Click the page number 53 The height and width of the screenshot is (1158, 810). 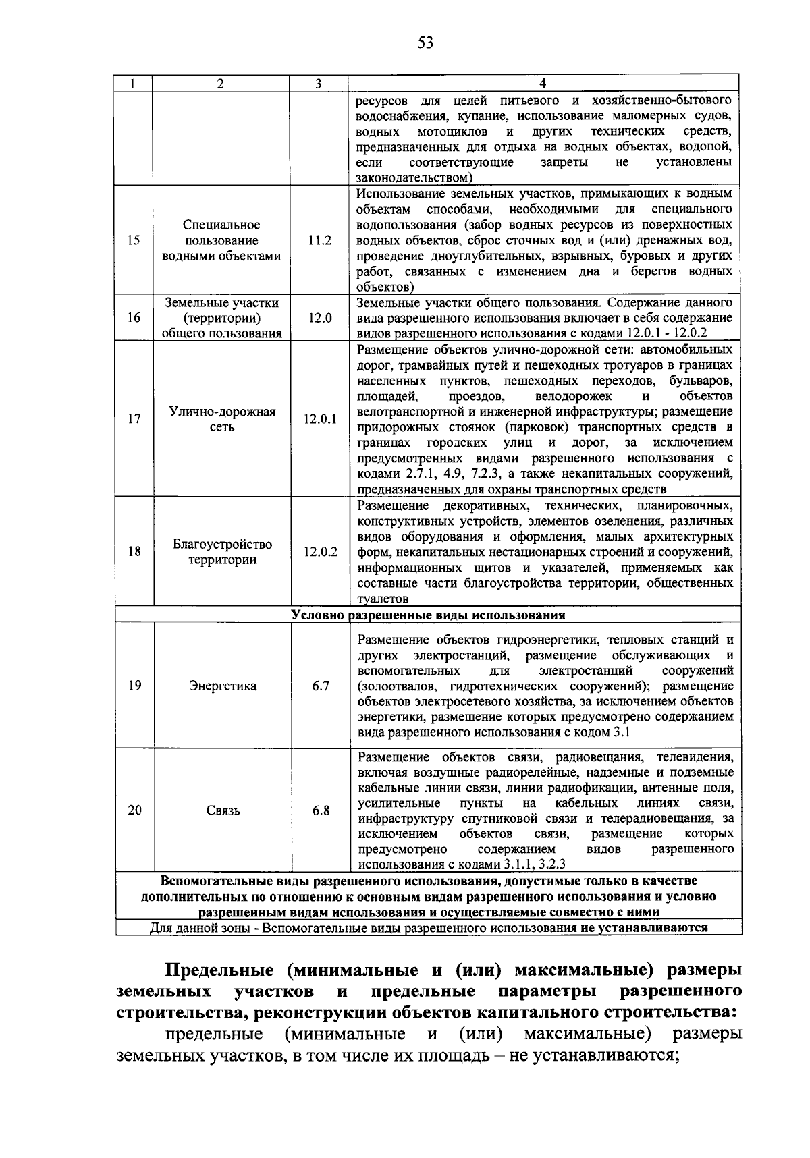[x=425, y=44]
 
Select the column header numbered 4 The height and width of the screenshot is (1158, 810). [x=543, y=84]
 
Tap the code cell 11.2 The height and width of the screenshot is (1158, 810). [x=320, y=240]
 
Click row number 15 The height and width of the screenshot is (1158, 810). [x=134, y=240]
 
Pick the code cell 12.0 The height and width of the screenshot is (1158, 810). [x=320, y=317]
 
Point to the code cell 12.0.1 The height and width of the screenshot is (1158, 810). [x=320, y=419]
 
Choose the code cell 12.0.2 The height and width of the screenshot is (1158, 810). [x=320, y=551]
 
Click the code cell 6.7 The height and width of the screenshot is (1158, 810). [x=321, y=686]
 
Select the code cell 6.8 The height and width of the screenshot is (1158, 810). [x=321, y=810]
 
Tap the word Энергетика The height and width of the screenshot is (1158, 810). [x=223, y=686]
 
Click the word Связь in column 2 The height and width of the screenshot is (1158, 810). [x=223, y=810]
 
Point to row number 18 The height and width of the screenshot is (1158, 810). [x=134, y=551]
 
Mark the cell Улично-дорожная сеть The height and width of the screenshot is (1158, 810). [x=223, y=419]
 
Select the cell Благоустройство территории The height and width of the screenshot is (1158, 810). [x=223, y=552]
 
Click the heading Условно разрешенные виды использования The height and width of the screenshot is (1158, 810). [x=428, y=615]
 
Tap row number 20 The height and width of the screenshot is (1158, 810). [x=134, y=810]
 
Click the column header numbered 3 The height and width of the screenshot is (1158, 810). [x=318, y=84]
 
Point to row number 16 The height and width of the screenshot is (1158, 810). [x=134, y=317]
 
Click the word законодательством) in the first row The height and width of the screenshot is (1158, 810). [x=414, y=178]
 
